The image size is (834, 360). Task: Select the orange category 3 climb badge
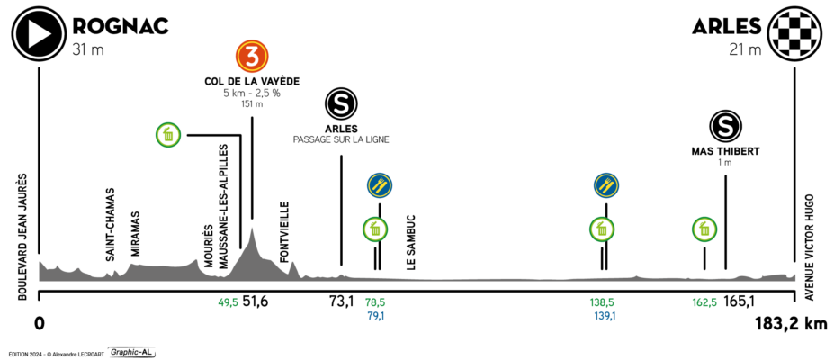pyautogui.click(x=252, y=57)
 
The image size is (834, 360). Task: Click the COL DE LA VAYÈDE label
pyautogui.click(x=252, y=82)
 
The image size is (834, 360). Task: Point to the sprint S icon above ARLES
pyautogui.click(x=342, y=103)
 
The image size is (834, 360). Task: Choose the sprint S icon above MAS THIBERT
pyautogui.click(x=725, y=126)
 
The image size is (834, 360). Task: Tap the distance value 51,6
pyautogui.click(x=256, y=302)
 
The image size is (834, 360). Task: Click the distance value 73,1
pyautogui.click(x=342, y=302)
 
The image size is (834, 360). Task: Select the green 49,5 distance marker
pyautogui.click(x=229, y=302)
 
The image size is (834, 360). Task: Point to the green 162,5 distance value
pyautogui.click(x=704, y=302)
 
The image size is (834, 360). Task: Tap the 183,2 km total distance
pyautogui.click(x=791, y=323)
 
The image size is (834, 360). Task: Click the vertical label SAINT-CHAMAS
pyautogui.click(x=110, y=224)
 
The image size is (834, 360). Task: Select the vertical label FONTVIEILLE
pyautogui.click(x=284, y=232)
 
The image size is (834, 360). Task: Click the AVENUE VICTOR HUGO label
pyautogui.click(x=809, y=247)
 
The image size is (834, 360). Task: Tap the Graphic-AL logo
pyautogui.click(x=132, y=352)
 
